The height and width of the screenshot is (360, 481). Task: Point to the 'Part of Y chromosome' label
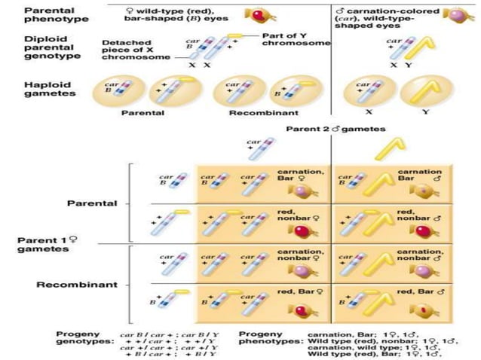[x=293, y=39]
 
